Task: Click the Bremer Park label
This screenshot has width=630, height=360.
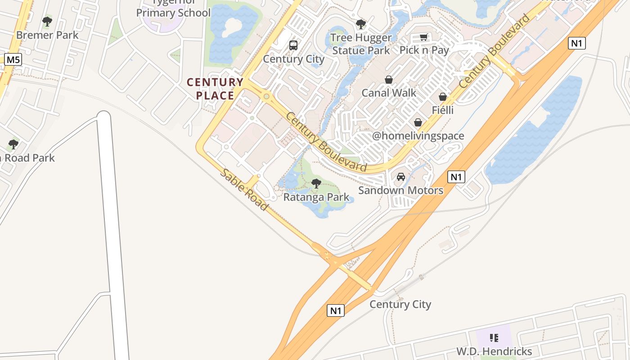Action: click(x=47, y=35)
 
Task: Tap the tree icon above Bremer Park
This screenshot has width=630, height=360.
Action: click(x=47, y=21)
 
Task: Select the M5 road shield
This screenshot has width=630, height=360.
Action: click(x=13, y=59)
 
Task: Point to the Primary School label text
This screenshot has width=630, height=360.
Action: click(x=173, y=13)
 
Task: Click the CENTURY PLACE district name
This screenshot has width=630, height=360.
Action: click(x=215, y=89)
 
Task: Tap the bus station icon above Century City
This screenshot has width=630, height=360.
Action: click(x=293, y=45)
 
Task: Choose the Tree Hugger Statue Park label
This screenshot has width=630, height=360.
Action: click(x=361, y=44)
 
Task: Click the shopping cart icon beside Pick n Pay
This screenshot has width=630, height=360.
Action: click(x=423, y=37)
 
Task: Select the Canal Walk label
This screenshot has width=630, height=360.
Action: click(x=389, y=93)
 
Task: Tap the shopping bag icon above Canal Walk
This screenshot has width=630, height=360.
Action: click(x=389, y=80)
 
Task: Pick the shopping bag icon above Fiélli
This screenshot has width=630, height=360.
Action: click(x=443, y=97)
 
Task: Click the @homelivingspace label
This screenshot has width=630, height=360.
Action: click(x=418, y=136)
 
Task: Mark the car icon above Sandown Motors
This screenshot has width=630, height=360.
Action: click(x=401, y=177)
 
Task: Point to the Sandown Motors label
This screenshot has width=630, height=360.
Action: click(x=400, y=190)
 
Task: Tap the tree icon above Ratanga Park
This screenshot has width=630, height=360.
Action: click(x=316, y=183)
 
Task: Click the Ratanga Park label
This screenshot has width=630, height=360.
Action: click(x=316, y=197)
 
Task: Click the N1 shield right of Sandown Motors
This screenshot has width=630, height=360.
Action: click(x=456, y=177)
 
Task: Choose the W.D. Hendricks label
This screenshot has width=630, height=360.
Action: click(x=494, y=351)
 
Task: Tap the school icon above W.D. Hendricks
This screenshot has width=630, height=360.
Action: click(x=494, y=337)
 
